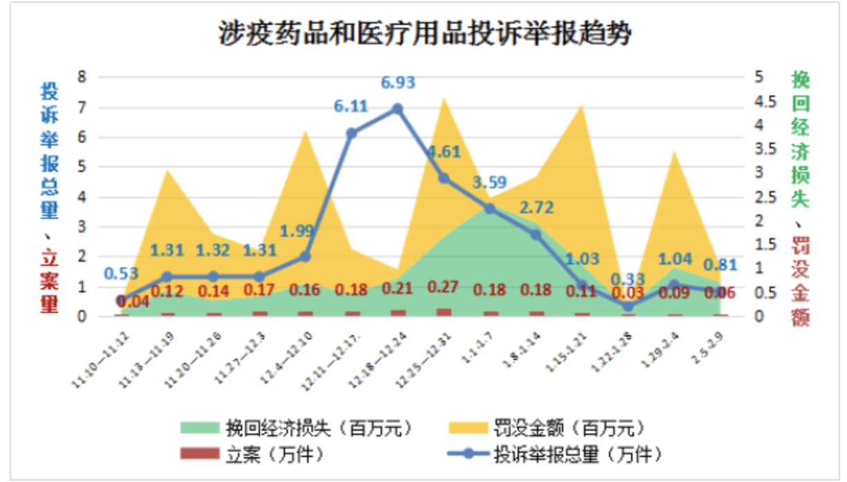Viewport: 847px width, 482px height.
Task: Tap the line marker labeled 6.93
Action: pos(397,109)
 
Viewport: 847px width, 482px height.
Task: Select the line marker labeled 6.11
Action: pos(351,133)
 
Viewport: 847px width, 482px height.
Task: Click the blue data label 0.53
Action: pos(120,274)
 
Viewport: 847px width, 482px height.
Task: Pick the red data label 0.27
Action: pos(444,287)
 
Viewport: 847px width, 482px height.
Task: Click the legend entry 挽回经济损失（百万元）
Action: pos(296,427)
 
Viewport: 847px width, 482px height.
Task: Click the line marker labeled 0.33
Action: pos(628,306)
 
